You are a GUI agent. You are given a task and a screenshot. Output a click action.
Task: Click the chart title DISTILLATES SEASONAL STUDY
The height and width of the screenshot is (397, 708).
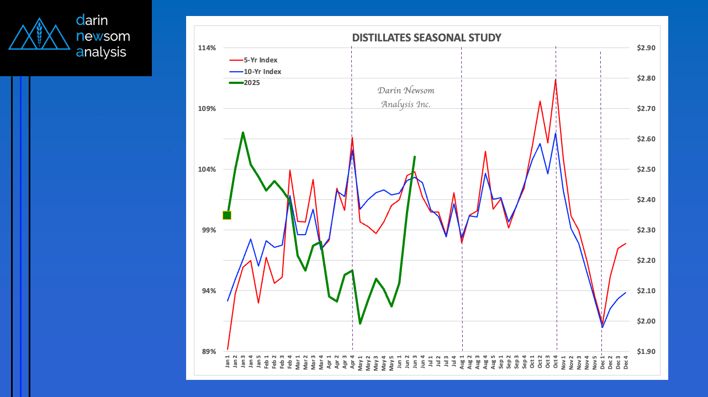point(426,38)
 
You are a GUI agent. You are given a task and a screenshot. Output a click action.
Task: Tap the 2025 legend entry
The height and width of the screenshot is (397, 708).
point(251,83)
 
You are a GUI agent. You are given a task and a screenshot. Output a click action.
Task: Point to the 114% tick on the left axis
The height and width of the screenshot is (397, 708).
point(207,48)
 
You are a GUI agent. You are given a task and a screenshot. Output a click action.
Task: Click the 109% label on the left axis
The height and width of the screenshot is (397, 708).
point(207,109)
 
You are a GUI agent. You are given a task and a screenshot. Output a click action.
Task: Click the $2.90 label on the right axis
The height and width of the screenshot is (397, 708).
point(646,48)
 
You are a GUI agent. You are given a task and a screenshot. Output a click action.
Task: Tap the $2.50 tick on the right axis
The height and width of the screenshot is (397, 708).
point(646,170)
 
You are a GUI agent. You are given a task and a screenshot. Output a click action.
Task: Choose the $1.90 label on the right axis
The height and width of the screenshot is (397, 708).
point(646,352)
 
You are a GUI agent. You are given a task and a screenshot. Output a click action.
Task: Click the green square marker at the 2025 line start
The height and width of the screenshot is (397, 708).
point(226,215)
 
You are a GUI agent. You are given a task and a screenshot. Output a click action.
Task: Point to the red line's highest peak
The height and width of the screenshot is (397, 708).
point(556,80)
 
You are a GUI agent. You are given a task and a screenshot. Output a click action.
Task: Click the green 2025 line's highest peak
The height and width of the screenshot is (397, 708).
point(243,133)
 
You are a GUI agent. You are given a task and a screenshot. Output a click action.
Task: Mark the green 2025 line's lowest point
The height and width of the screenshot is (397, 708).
point(360,324)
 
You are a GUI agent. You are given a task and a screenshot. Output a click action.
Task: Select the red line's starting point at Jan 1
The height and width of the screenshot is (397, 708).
point(228,350)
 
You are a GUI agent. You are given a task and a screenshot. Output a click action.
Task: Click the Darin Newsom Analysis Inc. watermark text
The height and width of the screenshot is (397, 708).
point(405,97)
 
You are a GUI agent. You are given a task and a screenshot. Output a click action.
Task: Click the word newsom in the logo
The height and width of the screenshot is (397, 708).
point(103,36)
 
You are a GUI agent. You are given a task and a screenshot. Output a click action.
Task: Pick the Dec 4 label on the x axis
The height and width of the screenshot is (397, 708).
point(626,363)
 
